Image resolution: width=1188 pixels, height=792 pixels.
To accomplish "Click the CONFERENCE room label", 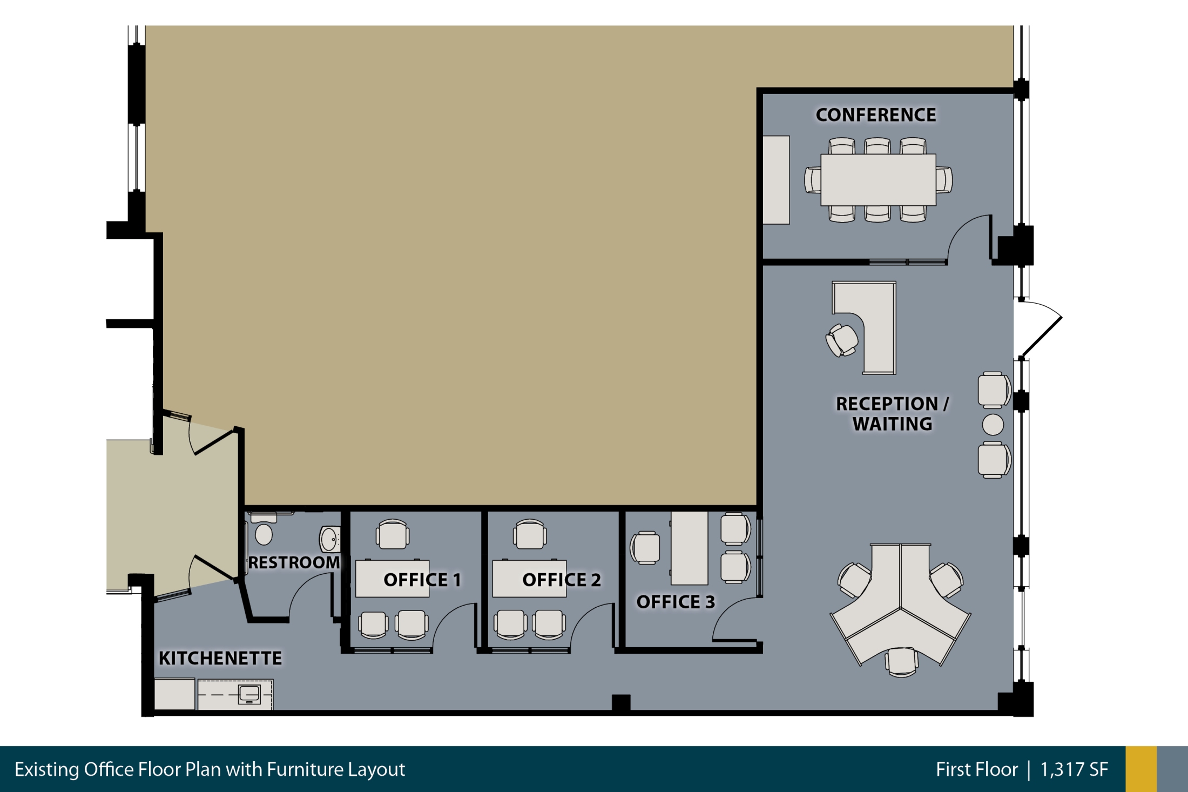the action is coord(875,115).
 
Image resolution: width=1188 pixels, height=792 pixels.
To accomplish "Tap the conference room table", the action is coord(878,180).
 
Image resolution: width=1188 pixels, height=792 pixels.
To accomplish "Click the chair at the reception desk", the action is coord(841,340).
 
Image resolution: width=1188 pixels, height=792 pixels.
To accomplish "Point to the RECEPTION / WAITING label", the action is coord(892,414).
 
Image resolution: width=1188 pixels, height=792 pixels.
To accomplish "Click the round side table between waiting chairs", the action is coord(993,425).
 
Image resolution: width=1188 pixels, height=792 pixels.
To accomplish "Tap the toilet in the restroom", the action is coord(264,529).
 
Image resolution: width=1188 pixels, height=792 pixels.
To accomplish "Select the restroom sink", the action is coord(330,539).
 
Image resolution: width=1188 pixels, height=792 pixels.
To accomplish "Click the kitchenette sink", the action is coord(249,693).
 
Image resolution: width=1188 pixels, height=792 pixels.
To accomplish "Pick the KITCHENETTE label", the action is coord(220,658).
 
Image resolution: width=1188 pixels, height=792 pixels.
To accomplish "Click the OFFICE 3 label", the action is coord(676,602).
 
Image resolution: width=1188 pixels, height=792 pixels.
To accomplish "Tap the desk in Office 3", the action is coord(690,548).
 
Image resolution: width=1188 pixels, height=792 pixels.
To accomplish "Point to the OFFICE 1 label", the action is coord(422,580).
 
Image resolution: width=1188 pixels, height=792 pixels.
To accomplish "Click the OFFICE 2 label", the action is coord(562,580).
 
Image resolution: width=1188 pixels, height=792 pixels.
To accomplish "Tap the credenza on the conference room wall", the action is coord(776,180).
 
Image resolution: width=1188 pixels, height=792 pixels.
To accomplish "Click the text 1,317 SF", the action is coord(1074,769).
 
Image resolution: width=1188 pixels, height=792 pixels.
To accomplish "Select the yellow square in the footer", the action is coord(1141,769).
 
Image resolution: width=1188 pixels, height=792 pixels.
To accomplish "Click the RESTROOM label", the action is coord(294,562).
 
